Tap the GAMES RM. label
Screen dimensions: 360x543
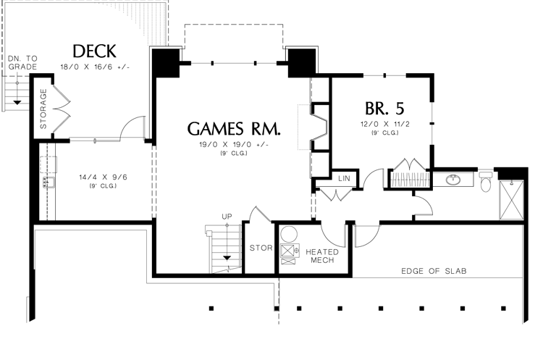(x=233, y=128)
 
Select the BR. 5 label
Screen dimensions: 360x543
(x=384, y=108)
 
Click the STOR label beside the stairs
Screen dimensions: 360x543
(x=261, y=248)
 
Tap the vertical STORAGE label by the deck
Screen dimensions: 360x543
(x=43, y=109)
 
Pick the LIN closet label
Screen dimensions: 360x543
(x=342, y=177)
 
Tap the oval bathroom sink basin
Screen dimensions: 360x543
(x=454, y=179)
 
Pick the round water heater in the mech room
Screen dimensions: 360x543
(x=289, y=234)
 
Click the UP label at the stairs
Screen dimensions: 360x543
(x=227, y=217)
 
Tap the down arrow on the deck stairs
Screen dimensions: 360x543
(x=17, y=103)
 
